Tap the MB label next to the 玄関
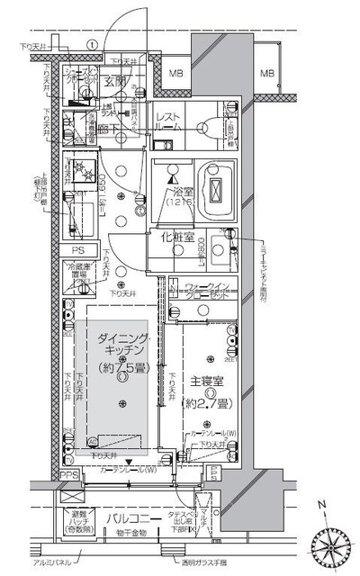(177, 74)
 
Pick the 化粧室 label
(177, 238)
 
